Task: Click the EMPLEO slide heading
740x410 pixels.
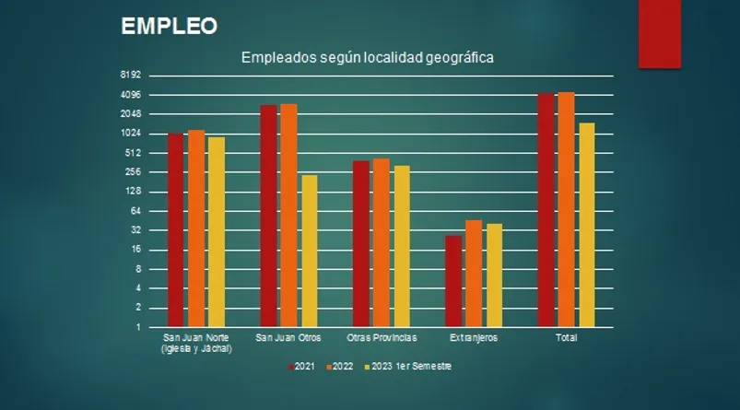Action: (170, 27)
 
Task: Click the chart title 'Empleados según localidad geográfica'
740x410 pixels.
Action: (368, 57)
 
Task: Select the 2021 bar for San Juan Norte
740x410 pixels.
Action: (175, 230)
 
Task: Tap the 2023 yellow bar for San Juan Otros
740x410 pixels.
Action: (309, 251)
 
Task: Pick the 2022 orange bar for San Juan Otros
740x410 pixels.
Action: (288, 216)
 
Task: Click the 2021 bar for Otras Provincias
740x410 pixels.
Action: (360, 244)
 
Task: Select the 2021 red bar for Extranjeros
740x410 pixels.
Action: (453, 281)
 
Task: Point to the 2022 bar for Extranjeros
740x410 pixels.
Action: (474, 274)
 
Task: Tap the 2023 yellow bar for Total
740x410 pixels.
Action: (587, 225)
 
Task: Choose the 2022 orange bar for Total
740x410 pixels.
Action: (566, 209)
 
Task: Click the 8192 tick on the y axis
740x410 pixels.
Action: (130, 76)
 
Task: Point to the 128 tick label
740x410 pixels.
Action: (133, 192)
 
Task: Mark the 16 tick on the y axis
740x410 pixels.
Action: (135, 250)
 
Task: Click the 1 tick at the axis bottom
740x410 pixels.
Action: (137, 327)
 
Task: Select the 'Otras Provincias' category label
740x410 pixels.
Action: (382, 338)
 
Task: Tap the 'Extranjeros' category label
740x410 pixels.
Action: (474, 338)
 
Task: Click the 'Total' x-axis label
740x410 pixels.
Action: (566, 338)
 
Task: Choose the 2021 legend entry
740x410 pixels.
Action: (301, 367)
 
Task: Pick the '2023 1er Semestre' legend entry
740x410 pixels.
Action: (410, 367)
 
